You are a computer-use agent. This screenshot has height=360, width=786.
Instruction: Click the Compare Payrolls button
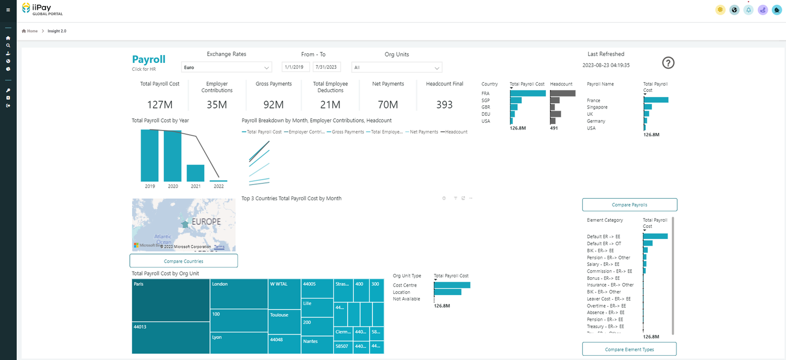[629, 204]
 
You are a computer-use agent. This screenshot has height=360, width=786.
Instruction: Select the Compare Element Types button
[629, 349]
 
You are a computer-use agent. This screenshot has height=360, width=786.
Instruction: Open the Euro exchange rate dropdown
[226, 68]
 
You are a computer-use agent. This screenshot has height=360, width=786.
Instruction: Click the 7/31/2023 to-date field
[326, 67]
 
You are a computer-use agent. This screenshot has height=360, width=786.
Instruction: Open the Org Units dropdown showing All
[397, 68]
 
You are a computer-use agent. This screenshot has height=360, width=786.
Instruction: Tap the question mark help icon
[668, 63]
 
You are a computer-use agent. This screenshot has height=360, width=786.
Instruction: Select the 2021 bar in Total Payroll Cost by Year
[195, 173]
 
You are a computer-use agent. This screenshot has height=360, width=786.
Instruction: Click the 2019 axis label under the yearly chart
[150, 186]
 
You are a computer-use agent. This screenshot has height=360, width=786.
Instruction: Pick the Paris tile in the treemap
[171, 300]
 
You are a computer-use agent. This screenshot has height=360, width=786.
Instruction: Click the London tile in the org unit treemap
[238, 293]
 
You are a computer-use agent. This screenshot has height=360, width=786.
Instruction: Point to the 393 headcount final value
[444, 105]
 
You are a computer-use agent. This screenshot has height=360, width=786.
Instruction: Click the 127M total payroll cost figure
[160, 105]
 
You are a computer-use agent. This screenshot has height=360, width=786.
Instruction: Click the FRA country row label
[486, 94]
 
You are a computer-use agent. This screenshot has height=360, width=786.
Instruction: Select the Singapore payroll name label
[597, 107]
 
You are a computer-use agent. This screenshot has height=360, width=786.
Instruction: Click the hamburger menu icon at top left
[8, 10]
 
